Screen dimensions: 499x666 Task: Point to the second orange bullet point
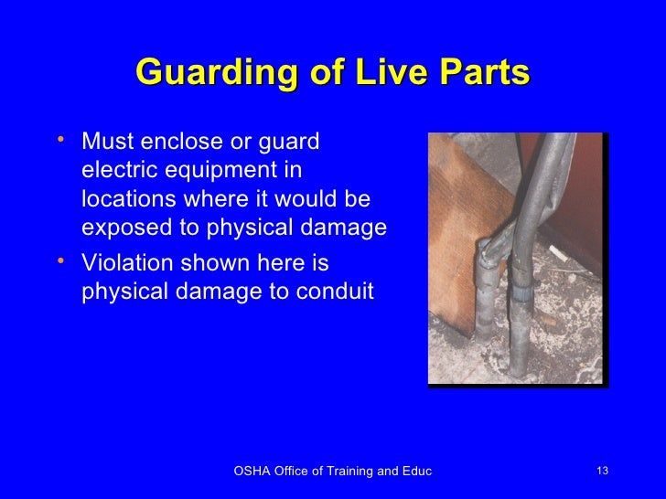point(59,261)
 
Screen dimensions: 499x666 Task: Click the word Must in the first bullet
point(105,143)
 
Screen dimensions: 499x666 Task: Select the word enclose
point(181,143)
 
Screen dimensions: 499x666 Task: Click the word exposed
point(122,228)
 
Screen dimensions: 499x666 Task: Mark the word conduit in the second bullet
point(338,293)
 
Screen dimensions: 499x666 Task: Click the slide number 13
point(601,471)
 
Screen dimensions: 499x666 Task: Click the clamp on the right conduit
point(523,292)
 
